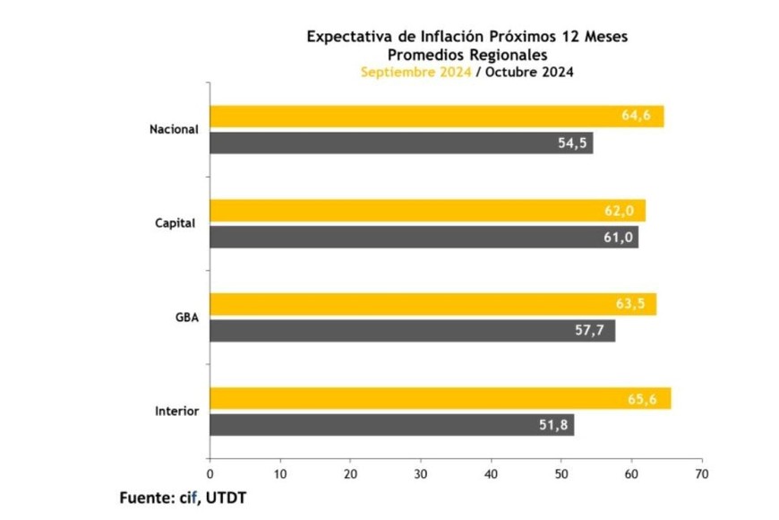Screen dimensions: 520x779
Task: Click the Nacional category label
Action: click(174, 129)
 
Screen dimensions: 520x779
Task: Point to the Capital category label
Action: click(175, 223)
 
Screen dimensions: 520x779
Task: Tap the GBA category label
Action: click(186, 317)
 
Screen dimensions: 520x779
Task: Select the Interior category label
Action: click(176, 412)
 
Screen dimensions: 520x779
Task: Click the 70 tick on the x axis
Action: click(702, 472)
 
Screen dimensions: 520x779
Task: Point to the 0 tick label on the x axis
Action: click(210, 472)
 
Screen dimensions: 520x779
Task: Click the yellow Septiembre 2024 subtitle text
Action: click(415, 73)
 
